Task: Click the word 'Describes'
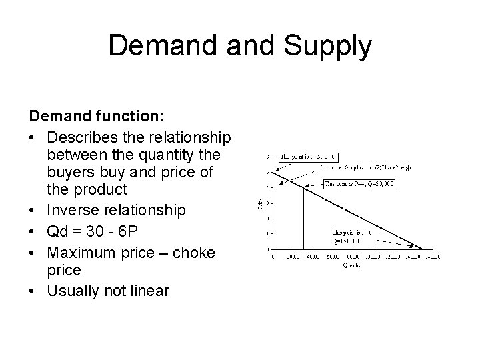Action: point(82,137)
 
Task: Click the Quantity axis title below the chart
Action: point(353,265)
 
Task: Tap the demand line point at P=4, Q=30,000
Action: point(303,188)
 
